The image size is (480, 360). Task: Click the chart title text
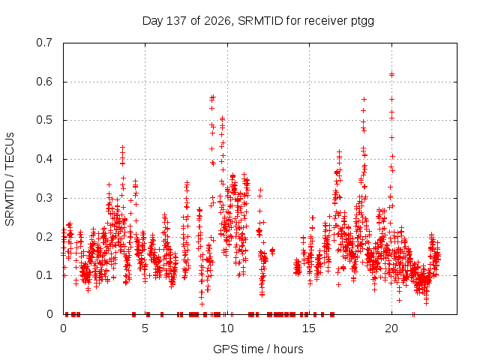tap(258, 21)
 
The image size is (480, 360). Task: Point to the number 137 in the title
tap(176, 21)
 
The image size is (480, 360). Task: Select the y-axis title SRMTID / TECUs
tap(10, 179)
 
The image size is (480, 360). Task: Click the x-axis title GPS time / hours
tap(258, 349)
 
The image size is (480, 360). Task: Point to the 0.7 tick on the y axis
tap(44, 43)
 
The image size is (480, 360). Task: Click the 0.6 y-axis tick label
tap(44, 82)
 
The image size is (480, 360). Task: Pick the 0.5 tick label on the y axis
tap(44, 120)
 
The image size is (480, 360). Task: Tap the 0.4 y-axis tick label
tap(44, 159)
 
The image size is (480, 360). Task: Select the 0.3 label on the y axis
tap(44, 198)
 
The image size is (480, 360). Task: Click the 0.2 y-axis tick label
tap(44, 237)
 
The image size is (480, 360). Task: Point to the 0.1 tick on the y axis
tap(44, 275)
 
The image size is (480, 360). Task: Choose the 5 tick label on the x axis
tap(145, 328)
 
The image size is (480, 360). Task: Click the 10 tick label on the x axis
tap(226, 328)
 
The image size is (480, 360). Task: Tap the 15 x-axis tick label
tap(309, 328)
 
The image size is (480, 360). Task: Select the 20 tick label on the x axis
tap(391, 328)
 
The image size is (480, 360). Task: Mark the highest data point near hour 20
tap(391, 74)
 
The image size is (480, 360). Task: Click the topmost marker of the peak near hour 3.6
tap(122, 148)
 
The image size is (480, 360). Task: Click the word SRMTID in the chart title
tap(260, 21)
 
